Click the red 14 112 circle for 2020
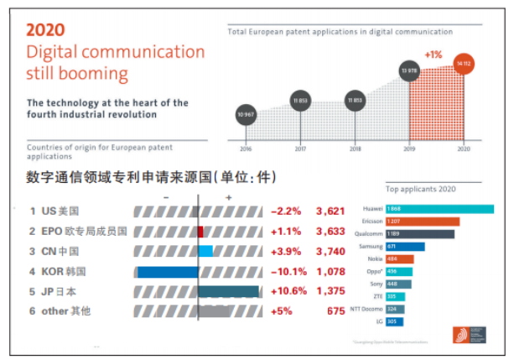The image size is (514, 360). click(463, 65)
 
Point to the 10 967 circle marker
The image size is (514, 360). click(245, 113)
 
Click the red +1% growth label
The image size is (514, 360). click(434, 55)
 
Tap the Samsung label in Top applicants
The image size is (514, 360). click(372, 247)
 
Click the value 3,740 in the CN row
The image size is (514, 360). click(330, 251)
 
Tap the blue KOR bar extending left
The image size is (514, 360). click(167, 271)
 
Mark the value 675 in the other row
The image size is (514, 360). click(335, 311)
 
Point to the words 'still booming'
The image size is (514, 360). click(77, 73)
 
